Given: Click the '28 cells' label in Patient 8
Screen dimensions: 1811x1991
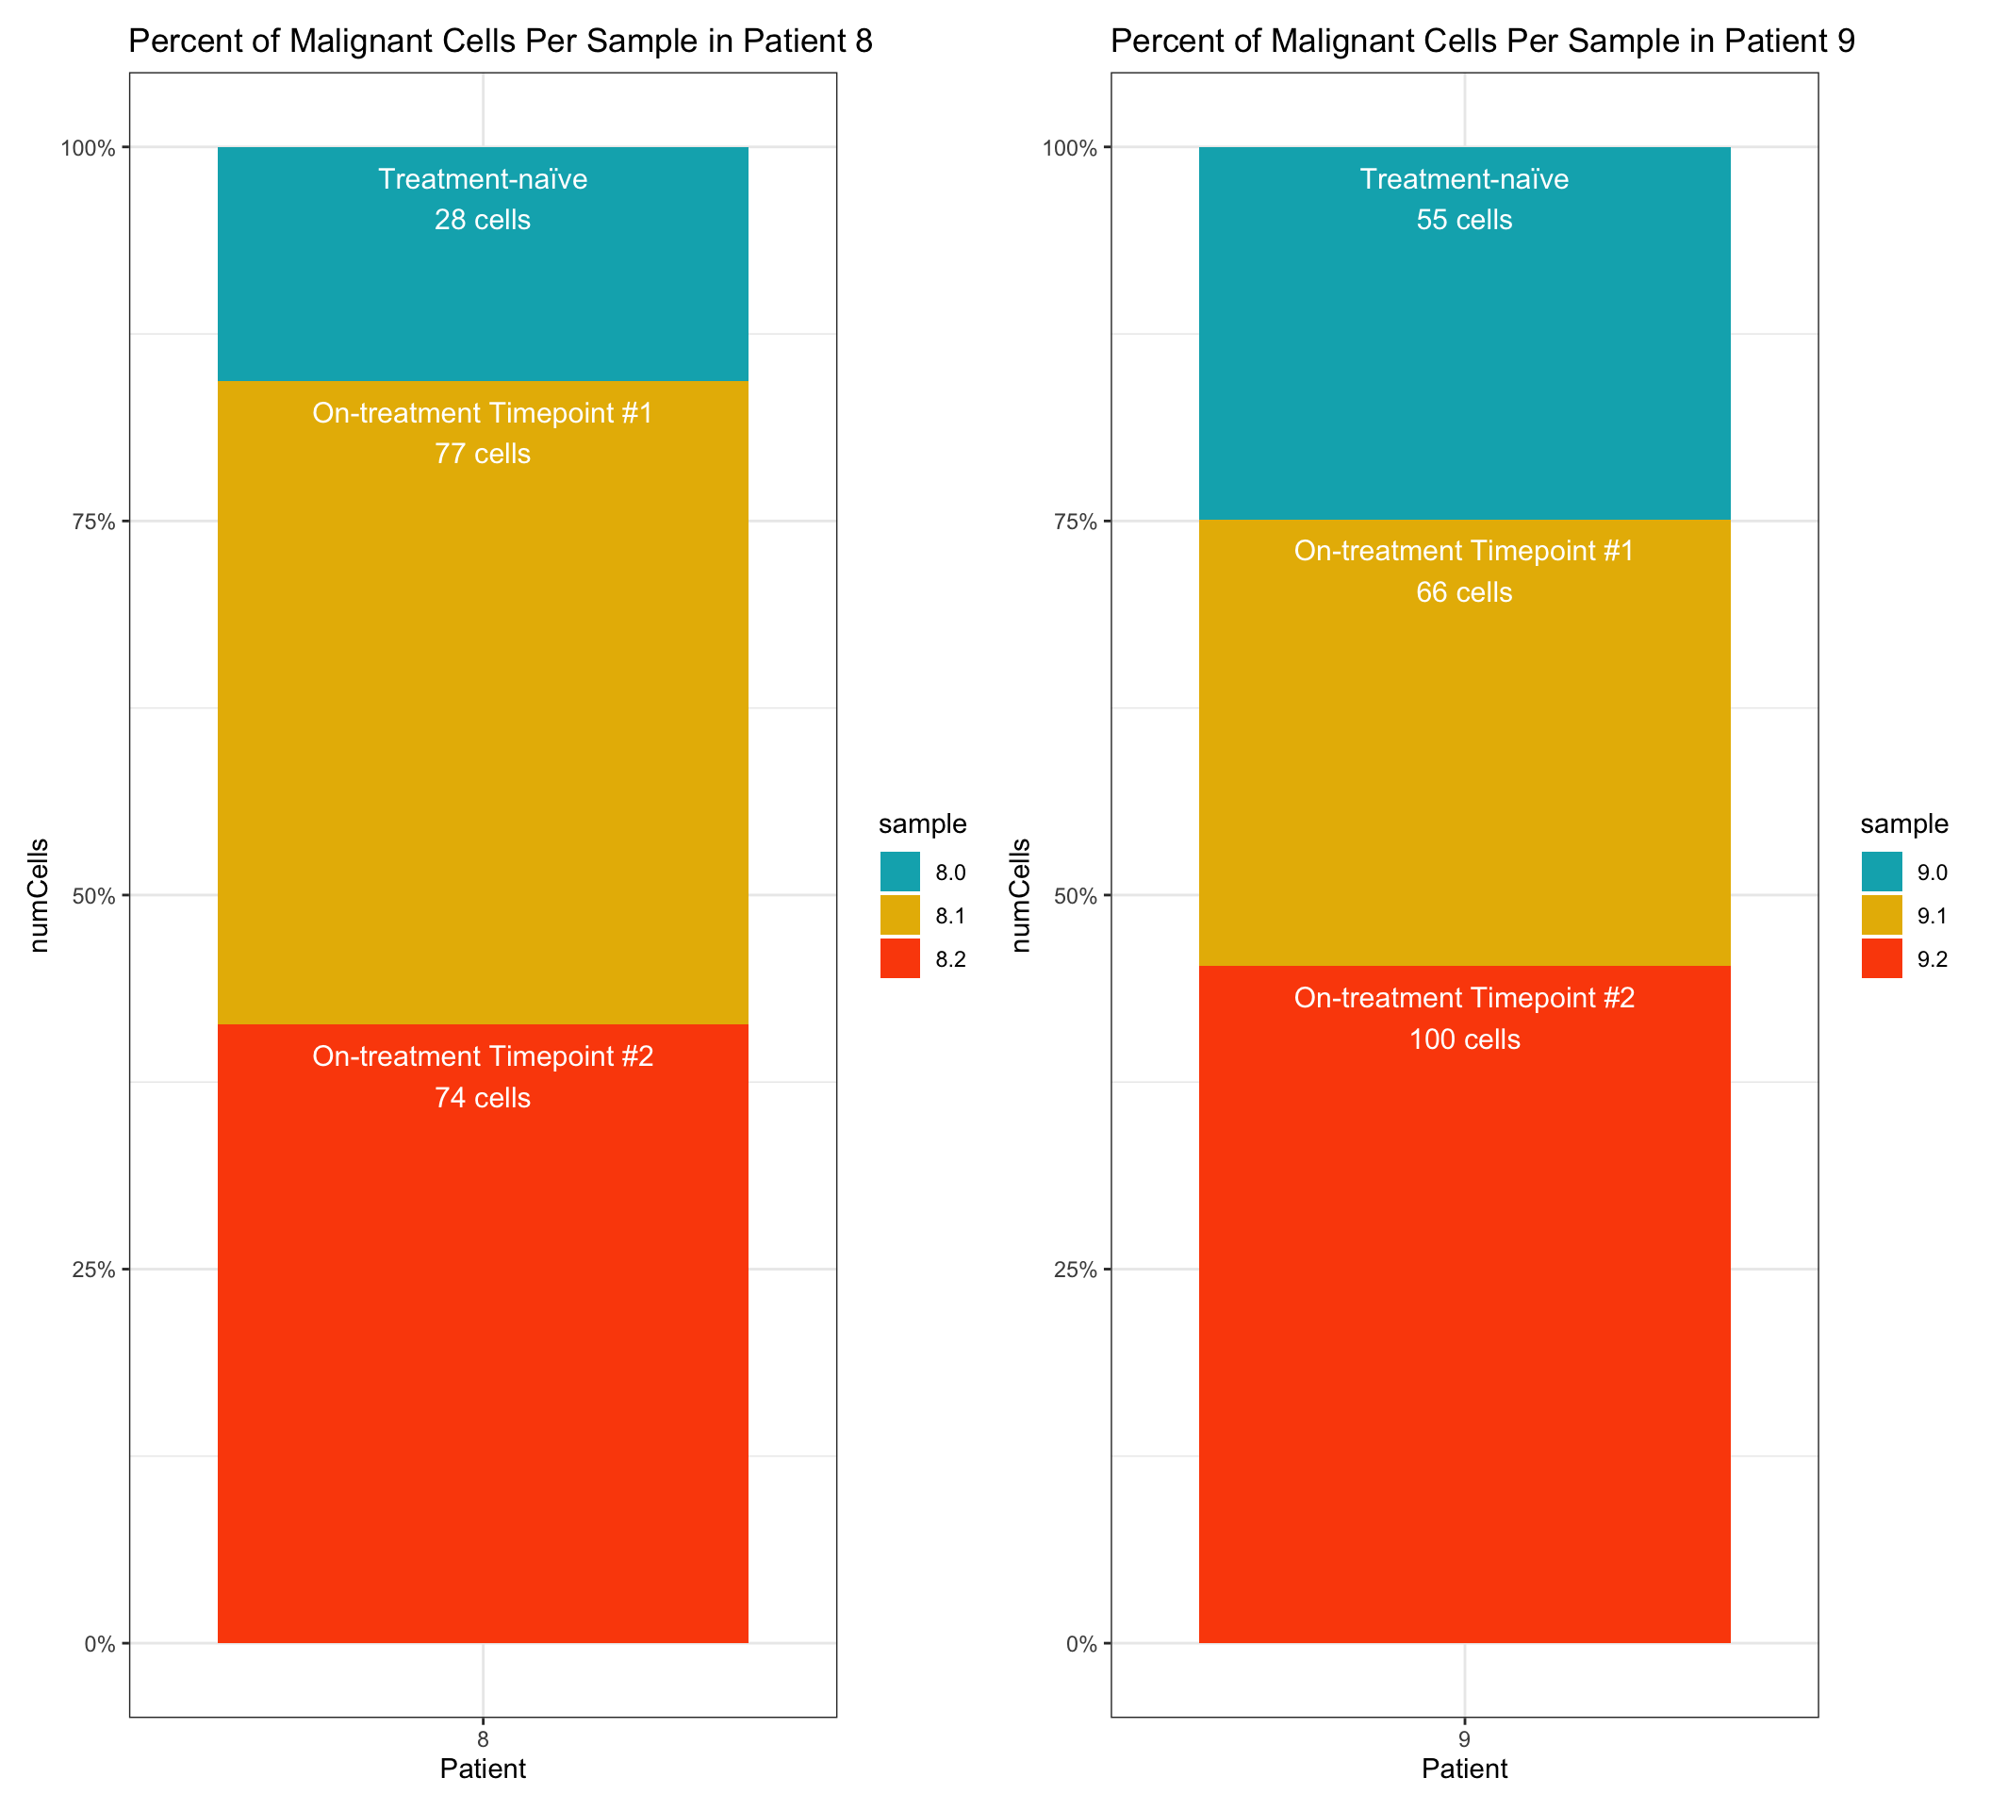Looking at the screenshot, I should coord(482,221).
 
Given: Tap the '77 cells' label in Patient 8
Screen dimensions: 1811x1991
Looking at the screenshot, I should coord(482,455).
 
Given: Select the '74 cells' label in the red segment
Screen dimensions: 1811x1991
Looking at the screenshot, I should coord(482,1099).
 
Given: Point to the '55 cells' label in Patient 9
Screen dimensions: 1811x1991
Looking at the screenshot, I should coord(1464,221).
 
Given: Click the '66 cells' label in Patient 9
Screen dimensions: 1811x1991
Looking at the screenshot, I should coord(1464,592).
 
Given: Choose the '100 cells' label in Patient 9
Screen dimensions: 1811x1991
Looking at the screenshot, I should coord(1464,1040).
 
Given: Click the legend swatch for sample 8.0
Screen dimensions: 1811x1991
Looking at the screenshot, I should coord(899,872).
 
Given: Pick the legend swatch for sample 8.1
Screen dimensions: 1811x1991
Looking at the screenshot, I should coord(899,916).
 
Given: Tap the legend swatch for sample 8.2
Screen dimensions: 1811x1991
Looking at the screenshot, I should coord(899,959).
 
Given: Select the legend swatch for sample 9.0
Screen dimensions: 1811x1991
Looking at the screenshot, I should coord(1882,872).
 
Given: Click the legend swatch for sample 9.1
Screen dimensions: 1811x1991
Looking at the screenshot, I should coord(1882,916).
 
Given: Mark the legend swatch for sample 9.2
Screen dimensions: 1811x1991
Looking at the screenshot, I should coord(1882,959).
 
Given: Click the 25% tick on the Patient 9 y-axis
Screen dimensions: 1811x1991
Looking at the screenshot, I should coord(1075,1270).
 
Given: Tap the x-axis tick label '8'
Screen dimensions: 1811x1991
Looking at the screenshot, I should coord(482,1740).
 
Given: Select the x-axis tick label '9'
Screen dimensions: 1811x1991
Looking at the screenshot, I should coord(1464,1740).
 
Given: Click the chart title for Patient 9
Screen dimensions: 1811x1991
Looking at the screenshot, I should coord(1482,42).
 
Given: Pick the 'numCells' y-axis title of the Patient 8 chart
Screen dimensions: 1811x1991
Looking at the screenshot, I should coord(40,895).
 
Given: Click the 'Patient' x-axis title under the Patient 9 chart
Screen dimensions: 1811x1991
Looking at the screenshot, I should coord(1464,1769).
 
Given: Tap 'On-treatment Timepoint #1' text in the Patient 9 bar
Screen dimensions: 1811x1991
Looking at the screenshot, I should coord(1464,551).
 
